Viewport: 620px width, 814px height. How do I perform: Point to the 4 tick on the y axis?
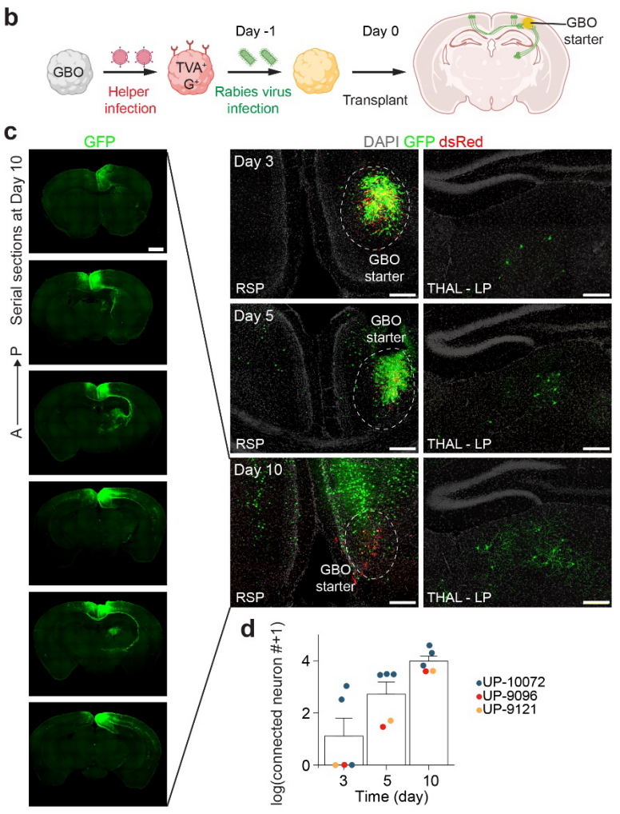[307, 661]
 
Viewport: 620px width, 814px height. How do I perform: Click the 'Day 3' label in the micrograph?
[255, 162]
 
